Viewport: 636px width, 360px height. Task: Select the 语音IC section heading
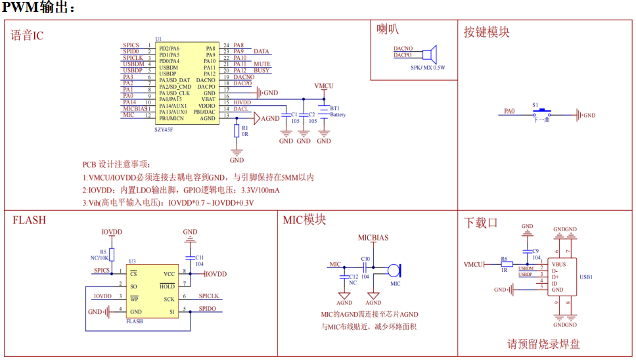coord(28,35)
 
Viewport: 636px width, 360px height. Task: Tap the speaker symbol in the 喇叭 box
coord(429,55)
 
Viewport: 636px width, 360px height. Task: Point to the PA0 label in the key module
coord(510,112)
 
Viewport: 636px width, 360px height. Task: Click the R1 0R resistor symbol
coord(237,131)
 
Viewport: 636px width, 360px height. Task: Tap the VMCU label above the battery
coord(324,86)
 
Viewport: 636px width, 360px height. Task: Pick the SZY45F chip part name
coord(164,130)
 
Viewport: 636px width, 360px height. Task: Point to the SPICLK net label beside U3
coord(210,296)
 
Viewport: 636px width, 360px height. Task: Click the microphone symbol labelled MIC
coord(393,269)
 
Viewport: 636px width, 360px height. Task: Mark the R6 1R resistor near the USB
coord(504,264)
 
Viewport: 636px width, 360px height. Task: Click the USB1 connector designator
coord(586,277)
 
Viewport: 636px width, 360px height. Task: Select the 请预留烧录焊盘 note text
coord(543,344)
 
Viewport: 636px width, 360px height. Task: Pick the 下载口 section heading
coord(480,223)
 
